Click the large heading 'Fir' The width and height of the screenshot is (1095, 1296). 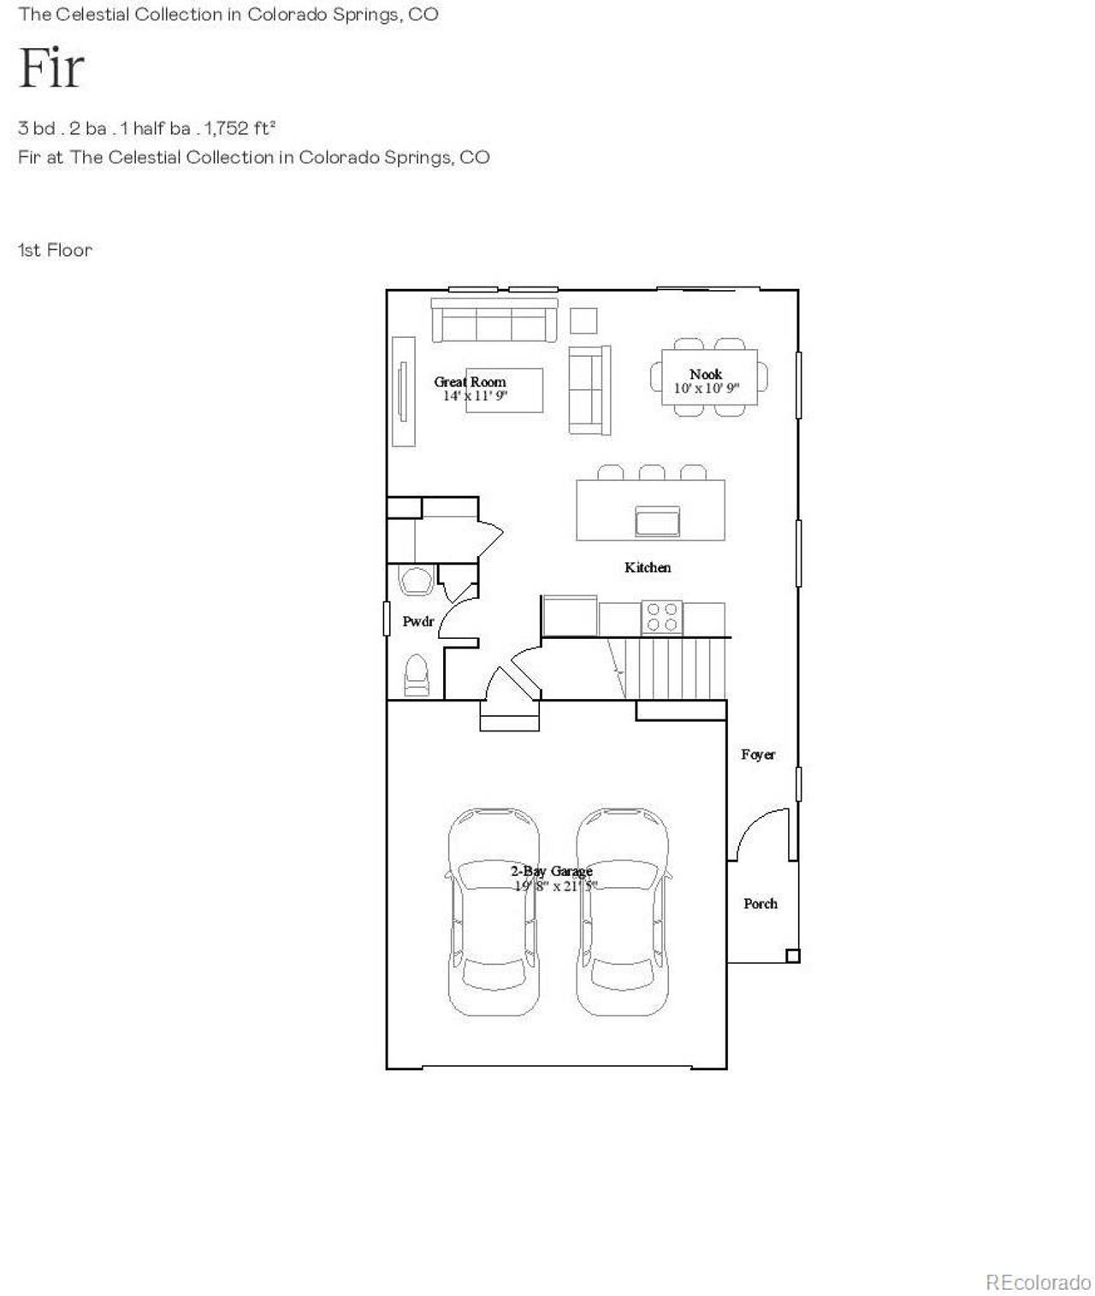51,68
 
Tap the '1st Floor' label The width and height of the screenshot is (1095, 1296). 55,251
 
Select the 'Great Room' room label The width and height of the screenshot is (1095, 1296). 470,382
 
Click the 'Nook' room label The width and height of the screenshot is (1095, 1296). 706,374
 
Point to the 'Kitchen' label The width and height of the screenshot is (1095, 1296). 648,567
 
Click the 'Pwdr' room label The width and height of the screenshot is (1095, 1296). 418,621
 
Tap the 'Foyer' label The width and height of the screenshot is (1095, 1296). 758,755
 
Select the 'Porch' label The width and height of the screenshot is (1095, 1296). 761,903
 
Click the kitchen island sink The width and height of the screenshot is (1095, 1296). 657,521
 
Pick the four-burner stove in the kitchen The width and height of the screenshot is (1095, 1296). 662,617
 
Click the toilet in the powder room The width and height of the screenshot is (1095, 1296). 417,675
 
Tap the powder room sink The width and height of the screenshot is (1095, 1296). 417,581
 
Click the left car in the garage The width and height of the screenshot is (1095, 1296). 494,911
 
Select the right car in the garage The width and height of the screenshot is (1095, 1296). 622,911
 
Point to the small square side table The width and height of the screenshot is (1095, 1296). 583,321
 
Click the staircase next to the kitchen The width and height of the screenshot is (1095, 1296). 676,668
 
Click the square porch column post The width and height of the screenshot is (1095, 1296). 792,956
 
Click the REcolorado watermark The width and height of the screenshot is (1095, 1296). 1038,1282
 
